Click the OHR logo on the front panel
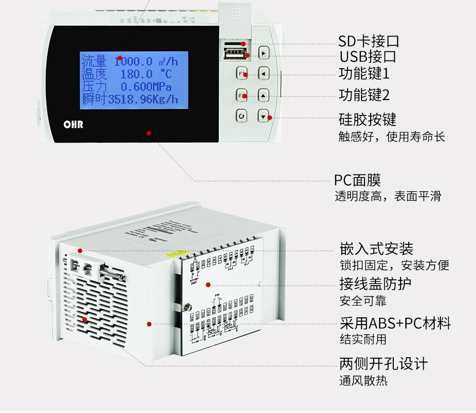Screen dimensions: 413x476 click(x=74, y=124)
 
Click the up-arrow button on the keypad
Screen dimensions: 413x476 click(x=263, y=96)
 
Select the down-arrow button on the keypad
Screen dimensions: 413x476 click(x=263, y=116)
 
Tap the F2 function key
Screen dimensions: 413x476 click(x=242, y=96)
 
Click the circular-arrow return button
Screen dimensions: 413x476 click(x=242, y=116)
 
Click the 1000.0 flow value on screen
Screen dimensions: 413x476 click(x=133, y=62)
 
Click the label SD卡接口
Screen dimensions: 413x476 click(x=368, y=41)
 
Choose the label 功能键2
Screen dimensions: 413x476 click(x=364, y=95)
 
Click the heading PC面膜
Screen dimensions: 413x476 click(x=357, y=180)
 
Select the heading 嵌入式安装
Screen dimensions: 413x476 click(x=376, y=249)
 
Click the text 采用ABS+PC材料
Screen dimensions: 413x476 click(x=395, y=323)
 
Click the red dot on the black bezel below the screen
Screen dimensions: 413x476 click(x=149, y=133)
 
